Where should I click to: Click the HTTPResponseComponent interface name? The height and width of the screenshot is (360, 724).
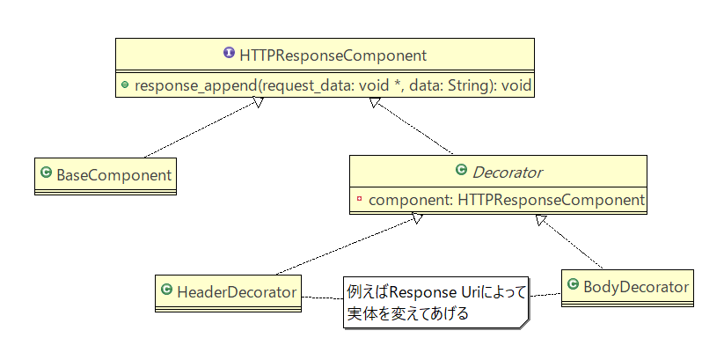click(333, 55)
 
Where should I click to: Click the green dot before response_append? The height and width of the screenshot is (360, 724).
click(126, 85)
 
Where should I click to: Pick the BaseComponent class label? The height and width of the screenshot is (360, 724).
click(113, 174)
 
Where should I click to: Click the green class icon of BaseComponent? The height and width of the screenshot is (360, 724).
click(47, 174)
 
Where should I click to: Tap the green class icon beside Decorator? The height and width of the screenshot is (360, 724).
click(461, 171)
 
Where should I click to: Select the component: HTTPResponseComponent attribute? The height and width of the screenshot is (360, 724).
click(506, 200)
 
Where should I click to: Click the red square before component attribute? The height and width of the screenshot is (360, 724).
click(360, 201)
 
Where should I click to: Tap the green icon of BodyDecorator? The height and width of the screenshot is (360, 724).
click(573, 285)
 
